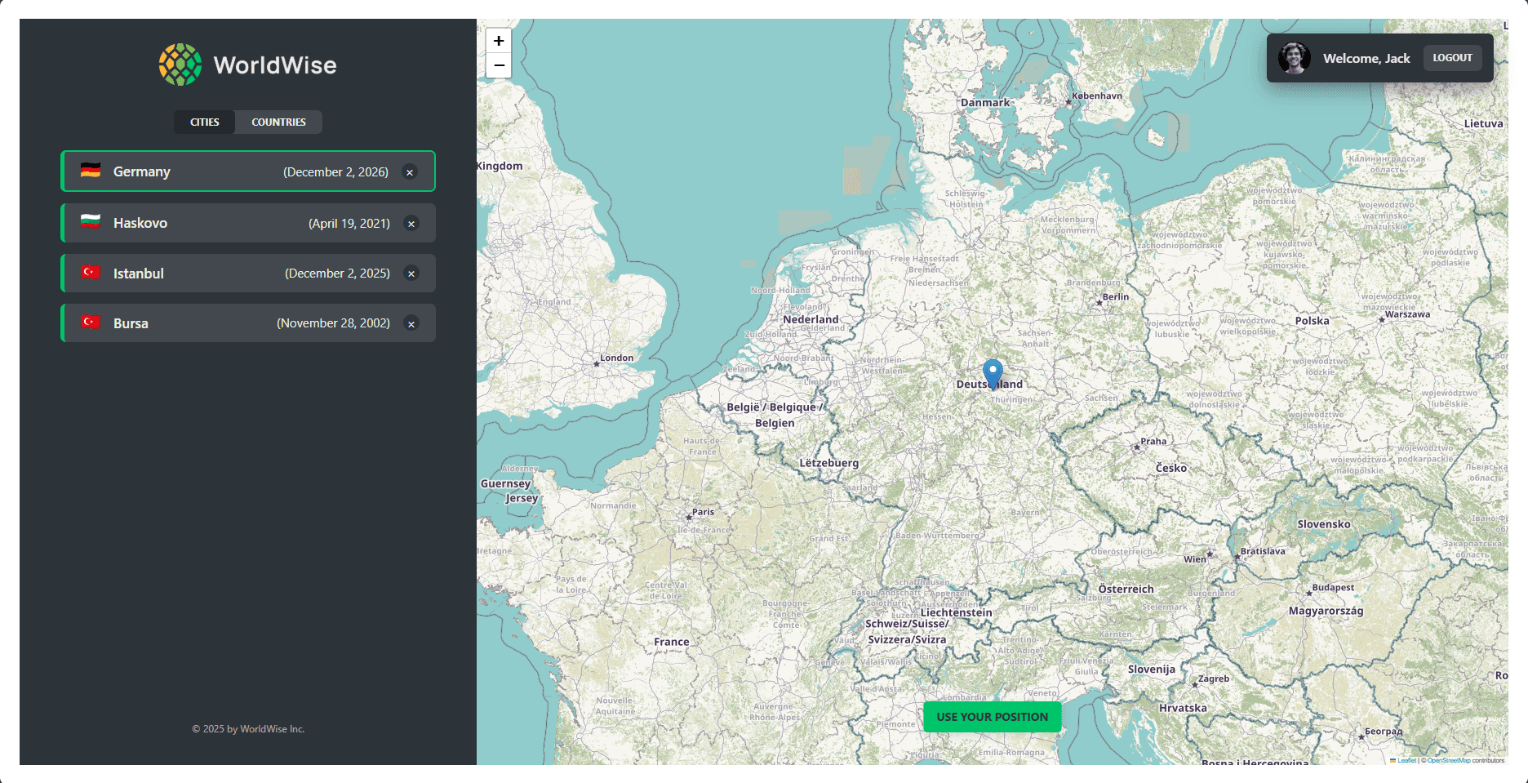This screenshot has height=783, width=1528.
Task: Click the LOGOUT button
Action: coord(1452,58)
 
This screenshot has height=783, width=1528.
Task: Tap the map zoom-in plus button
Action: coord(499,41)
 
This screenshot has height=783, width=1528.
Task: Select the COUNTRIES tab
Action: coord(278,122)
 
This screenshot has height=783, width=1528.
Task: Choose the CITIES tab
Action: coord(204,122)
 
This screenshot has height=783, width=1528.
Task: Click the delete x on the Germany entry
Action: coord(410,172)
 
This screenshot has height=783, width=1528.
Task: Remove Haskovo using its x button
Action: coord(411,224)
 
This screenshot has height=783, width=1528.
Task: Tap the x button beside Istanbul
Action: coord(411,274)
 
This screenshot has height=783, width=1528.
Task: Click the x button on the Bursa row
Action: coord(411,324)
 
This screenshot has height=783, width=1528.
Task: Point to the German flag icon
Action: coord(91,171)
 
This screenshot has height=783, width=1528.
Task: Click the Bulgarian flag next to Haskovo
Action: coord(91,222)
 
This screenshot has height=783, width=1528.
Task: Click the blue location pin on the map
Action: coord(993,373)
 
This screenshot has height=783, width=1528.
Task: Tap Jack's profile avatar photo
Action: coord(1294,58)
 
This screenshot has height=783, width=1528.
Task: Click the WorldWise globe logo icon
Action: coord(180,65)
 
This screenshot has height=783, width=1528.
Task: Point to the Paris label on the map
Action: coord(703,512)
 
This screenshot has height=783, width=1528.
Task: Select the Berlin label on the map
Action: coord(1115,297)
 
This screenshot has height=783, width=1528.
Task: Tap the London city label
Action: coord(616,358)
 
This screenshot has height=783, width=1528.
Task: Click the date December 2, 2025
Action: coord(337,274)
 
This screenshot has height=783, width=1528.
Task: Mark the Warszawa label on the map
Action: coord(1407,314)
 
